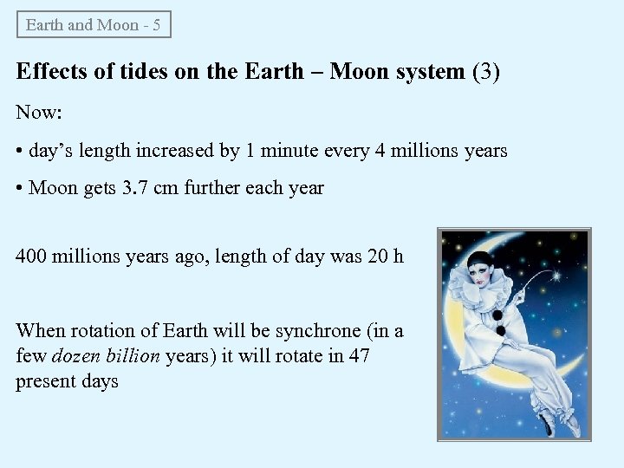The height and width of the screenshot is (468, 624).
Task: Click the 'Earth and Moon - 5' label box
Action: pyautogui.click(x=94, y=24)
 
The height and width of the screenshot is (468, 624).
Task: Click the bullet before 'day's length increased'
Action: pyautogui.click(x=20, y=152)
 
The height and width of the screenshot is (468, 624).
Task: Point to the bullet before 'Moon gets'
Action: pyautogui.click(x=20, y=188)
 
